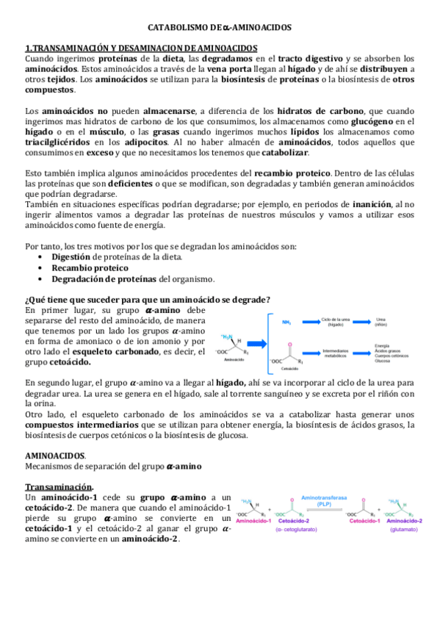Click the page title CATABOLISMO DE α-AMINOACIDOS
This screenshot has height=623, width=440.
[220, 27]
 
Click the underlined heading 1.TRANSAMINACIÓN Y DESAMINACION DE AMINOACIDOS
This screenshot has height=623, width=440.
[140, 48]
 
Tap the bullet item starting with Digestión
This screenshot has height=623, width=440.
[118, 257]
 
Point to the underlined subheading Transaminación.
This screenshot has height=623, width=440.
[59, 487]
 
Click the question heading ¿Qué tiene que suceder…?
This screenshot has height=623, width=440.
[147, 299]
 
